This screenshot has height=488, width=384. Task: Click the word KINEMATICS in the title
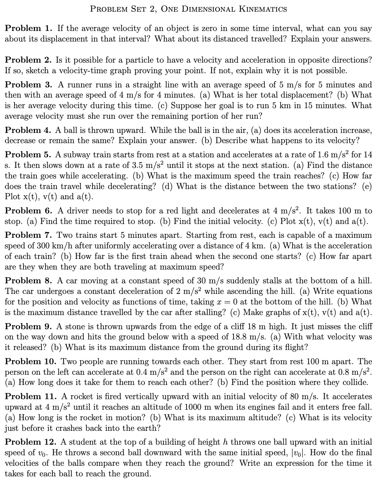(x=263, y=9)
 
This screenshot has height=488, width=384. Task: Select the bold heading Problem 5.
(x=27, y=155)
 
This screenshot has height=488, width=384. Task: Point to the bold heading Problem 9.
(x=28, y=326)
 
